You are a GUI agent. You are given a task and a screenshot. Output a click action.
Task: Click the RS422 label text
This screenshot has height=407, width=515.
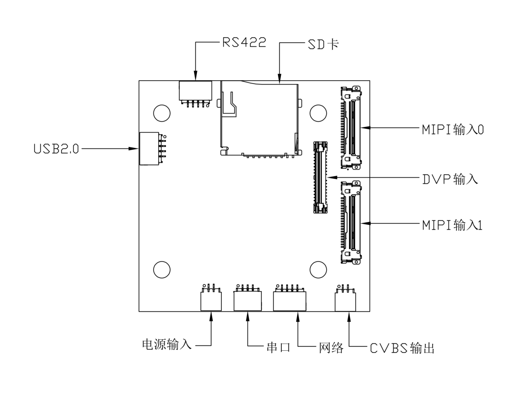244,42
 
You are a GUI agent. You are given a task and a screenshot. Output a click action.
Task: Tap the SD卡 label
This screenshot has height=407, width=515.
323,44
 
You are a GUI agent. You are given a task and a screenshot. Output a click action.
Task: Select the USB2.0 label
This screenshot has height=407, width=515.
56,148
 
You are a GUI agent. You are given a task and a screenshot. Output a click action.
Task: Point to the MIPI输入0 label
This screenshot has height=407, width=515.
453,129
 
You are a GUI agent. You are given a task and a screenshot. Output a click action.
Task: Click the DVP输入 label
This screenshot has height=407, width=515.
450,179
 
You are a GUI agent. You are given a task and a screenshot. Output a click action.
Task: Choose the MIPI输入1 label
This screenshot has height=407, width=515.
452,225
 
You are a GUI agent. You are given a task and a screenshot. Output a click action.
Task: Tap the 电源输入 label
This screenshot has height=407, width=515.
167,344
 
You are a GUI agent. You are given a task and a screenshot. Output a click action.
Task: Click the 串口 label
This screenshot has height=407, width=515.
278,347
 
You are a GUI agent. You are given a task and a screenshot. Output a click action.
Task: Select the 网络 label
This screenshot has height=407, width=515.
331,348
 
